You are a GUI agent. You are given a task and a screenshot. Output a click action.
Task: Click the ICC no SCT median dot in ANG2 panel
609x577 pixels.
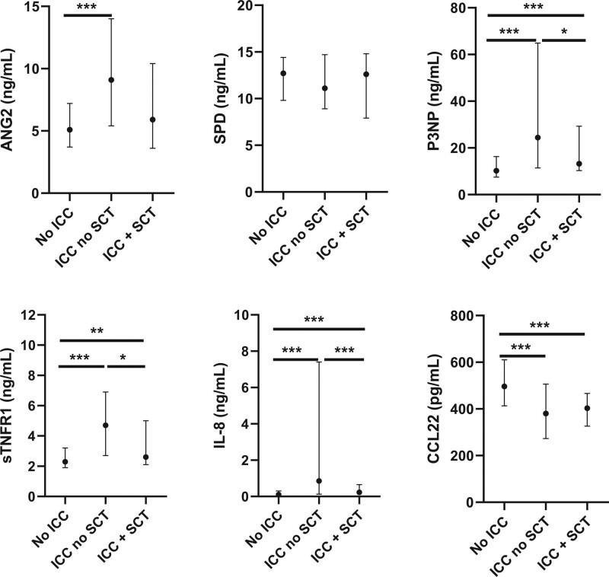111,80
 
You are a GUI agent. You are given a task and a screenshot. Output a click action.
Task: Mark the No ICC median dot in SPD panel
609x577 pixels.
283,74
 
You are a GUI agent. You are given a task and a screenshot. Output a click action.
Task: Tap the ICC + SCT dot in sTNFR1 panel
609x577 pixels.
145,457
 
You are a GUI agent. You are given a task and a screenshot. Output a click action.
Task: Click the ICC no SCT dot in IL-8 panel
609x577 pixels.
318,481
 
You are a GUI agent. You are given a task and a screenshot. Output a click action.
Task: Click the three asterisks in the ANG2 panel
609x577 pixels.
88,8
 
